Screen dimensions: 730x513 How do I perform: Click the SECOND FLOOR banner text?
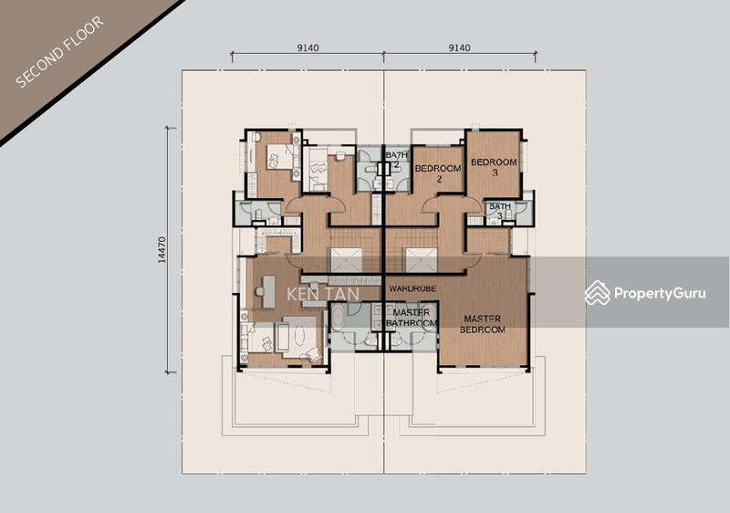(59, 52)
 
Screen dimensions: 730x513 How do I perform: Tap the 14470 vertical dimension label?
(162, 250)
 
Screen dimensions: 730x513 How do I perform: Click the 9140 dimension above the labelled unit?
(459, 47)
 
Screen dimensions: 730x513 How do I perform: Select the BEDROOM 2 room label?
(438, 173)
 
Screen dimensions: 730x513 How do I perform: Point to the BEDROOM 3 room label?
(494, 167)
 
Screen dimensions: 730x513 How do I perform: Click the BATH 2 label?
(396, 159)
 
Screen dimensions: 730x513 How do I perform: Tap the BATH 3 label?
(500, 211)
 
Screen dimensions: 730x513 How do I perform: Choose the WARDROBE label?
(412, 288)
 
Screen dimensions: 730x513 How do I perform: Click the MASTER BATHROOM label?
(412, 318)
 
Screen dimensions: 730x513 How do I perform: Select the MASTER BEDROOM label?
(483, 324)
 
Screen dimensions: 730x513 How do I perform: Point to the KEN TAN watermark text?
(323, 294)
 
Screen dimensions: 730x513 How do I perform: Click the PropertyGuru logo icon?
(598, 293)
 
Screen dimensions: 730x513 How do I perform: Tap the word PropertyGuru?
(660, 293)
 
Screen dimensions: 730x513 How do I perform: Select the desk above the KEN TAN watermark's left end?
(268, 291)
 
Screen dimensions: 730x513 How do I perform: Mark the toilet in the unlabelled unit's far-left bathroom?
(258, 214)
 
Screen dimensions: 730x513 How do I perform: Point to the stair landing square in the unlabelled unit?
(347, 260)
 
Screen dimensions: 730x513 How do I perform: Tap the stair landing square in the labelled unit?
(422, 260)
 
